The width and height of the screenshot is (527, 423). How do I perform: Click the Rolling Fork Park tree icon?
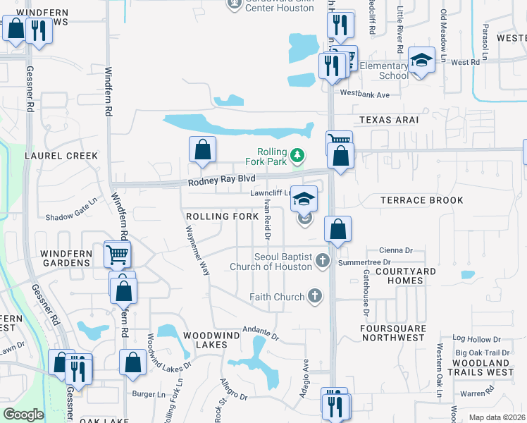pos(298,154)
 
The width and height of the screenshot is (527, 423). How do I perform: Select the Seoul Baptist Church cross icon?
pos(323,262)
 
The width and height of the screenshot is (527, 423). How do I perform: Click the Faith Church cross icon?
pos(314,297)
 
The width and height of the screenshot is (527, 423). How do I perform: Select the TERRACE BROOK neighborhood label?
pos(422,200)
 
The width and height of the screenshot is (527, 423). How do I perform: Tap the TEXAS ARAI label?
pos(389,120)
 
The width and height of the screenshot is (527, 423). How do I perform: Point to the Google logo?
pos(23,415)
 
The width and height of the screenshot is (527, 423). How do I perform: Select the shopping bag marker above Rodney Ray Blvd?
pos(202,149)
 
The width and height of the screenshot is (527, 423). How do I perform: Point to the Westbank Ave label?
pos(364,94)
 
